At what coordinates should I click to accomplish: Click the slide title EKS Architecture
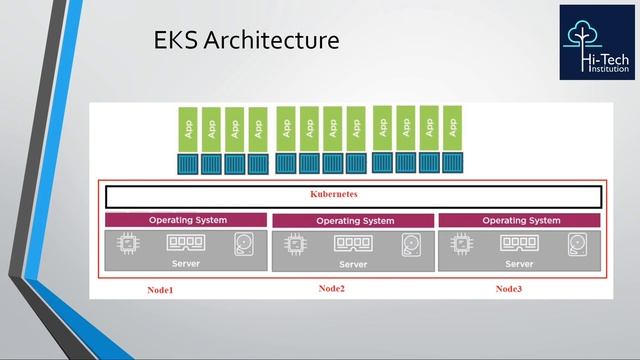click(246, 41)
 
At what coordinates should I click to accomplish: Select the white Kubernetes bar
click(353, 196)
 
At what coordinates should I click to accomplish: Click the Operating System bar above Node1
click(187, 220)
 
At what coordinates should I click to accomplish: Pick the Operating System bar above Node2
click(353, 221)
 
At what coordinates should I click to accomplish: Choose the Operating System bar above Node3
click(520, 220)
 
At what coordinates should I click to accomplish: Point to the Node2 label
click(332, 289)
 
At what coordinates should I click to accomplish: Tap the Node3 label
click(509, 289)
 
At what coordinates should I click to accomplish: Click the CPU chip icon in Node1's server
click(128, 243)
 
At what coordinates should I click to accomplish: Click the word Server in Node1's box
click(186, 264)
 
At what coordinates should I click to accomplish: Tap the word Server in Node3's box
click(519, 264)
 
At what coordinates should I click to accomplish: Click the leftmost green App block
click(187, 128)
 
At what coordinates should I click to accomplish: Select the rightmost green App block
click(453, 127)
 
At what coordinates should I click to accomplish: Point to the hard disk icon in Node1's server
click(245, 244)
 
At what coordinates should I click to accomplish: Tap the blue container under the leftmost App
click(187, 163)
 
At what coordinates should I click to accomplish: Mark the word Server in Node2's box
click(353, 265)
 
